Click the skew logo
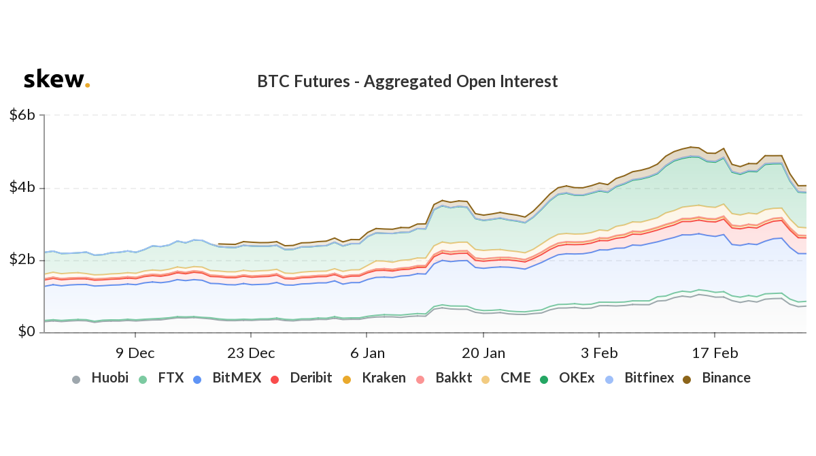[56, 80]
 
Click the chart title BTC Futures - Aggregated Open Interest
[407, 82]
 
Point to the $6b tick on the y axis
[22, 115]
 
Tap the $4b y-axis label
[22, 188]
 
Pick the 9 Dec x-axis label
[135, 353]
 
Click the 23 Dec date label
[251, 353]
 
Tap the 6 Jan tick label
[367, 353]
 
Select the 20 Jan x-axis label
[483, 353]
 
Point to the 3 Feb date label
[598, 353]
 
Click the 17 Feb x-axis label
[715, 353]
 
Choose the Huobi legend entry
[100, 378]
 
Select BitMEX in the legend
[227, 378]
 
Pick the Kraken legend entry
[375, 378]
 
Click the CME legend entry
[507, 378]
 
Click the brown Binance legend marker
[687, 378]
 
